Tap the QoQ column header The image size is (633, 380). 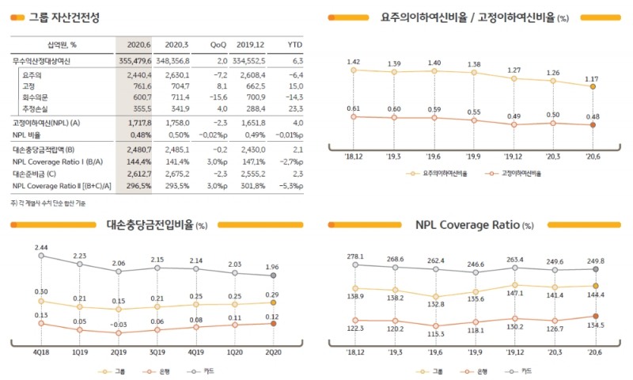coord(218,45)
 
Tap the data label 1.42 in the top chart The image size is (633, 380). coord(354,61)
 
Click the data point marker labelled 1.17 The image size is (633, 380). coord(593,86)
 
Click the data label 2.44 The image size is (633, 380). coord(41,247)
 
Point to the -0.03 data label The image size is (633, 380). coord(118,325)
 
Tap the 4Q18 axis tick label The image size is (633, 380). coord(41,351)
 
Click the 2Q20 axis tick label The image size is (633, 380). coord(273,351)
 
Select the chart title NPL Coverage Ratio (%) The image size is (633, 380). coord(475,225)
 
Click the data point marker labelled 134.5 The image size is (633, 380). coord(593,316)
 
